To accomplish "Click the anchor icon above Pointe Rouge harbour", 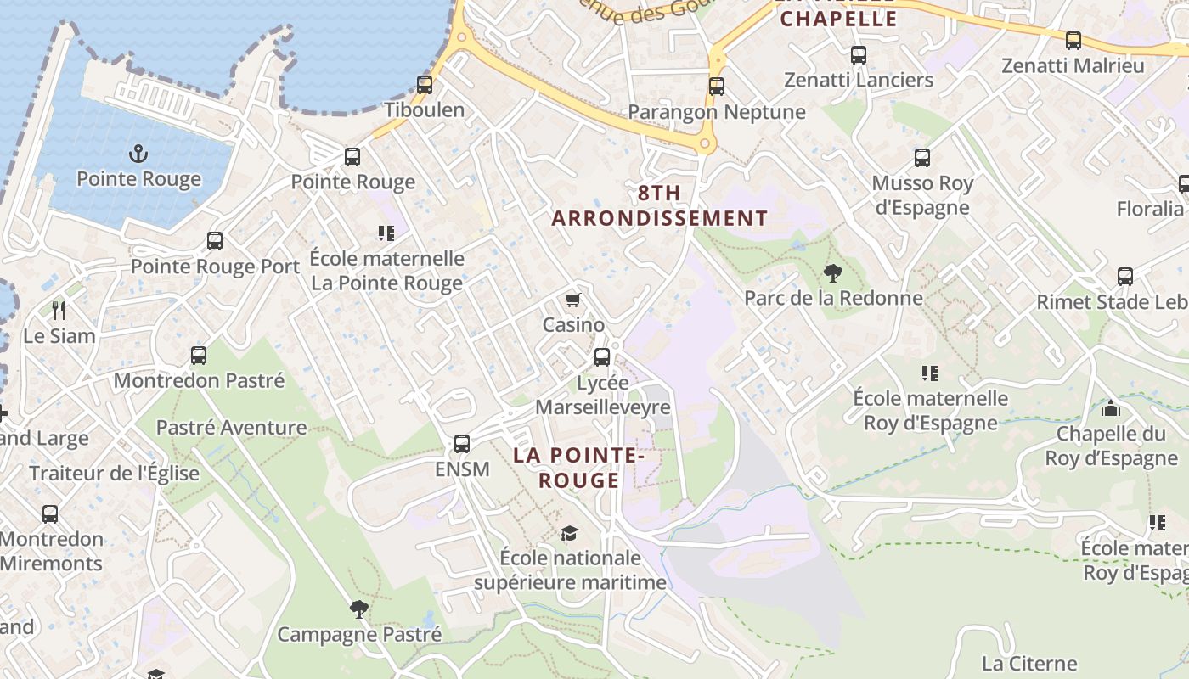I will pos(138,154).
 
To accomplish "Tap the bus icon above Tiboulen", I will pos(425,84).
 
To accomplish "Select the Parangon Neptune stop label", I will pos(716,112).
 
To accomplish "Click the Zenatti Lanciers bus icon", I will pos(859,55).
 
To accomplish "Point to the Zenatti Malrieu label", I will pos(1073,65).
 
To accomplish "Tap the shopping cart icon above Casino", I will pos(573,300).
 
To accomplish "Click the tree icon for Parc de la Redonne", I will pos(831,272).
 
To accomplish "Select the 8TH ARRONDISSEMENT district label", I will pos(659,206).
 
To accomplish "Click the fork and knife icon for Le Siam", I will pos(59,310).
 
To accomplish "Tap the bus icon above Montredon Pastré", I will pos(199,355).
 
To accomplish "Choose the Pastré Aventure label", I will pos(232,427).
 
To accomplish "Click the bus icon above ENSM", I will pos(462,443).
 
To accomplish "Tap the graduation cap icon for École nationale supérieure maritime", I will pos(569,533).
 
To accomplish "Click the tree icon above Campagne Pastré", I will pos(359,608).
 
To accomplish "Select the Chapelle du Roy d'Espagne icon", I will pos(1110,408).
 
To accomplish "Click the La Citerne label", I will pos(1029,663).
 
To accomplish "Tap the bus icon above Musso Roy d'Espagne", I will pos(922,157).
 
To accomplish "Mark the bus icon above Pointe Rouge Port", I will pos(215,240).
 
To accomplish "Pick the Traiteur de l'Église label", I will pos(115,474).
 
